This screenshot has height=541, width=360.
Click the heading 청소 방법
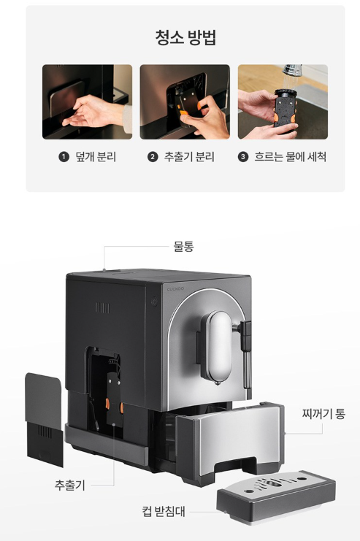pyautogui.click(x=185, y=38)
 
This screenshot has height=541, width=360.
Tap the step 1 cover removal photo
pyautogui.click(x=88, y=101)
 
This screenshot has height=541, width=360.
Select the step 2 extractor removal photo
pyautogui.click(x=185, y=101)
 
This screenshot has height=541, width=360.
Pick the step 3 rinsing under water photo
pyautogui.click(x=283, y=101)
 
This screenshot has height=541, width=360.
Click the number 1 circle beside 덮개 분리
pyautogui.click(x=64, y=157)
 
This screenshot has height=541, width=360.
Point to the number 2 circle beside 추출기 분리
pyautogui.click(x=153, y=157)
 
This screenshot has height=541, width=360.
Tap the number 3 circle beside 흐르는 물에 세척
pyautogui.click(x=243, y=157)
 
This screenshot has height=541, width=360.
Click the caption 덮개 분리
pyautogui.click(x=96, y=157)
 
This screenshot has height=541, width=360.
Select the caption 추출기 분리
pyautogui.click(x=189, y=157)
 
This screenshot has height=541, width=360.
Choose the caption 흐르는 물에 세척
pyautogui.click(x=291, y=157)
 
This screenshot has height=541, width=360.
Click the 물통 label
pyautogui.click(x=183, y=246)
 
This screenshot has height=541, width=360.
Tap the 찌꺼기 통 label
pyautogui.click(x=323, y=413)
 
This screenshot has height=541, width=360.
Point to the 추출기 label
pyautogui.click(x=69, y=485)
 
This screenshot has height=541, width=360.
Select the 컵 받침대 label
pyautogui.click(x=164, y=511)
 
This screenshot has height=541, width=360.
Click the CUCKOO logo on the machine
pyautogui.click(x=175, y=289)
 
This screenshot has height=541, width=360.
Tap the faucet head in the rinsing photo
pyautogui.click(x=292, y=69)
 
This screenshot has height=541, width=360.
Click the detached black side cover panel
pyautogui.click(x=45, y=420)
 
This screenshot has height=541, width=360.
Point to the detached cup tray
pyautogui.click(x=276, y=496)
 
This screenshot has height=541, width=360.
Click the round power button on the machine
pyautogui.click(x=154, y=302)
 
